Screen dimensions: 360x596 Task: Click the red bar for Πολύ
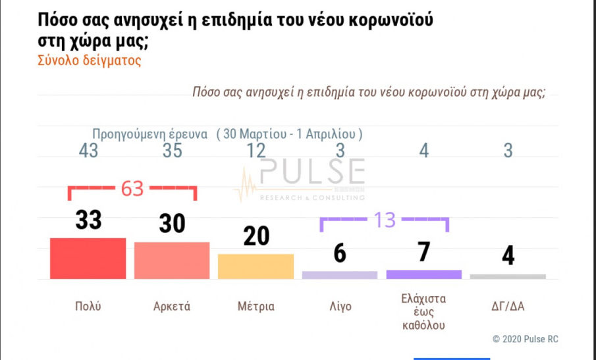click(88, 258)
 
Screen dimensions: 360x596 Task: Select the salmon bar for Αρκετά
click(172, 260)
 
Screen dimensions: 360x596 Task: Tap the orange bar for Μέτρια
click(256, 266)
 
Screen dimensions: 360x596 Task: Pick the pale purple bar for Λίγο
click(340, 274)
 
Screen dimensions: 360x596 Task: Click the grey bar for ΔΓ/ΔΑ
click(508, 276)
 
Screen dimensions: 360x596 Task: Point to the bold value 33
click(88, 220)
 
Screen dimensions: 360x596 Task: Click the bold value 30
click(173, 224)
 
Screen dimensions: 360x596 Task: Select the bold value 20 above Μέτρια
click(256, 236)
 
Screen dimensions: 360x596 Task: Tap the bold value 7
click(423, 252)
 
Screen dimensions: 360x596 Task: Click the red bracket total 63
click(132, 190)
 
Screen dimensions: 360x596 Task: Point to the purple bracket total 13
click(384, 220)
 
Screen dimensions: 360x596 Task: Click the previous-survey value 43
click(88, 151)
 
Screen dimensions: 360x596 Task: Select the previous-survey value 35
click(173, 151)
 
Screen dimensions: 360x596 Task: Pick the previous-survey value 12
click(256, 151)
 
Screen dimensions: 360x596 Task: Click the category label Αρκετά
click(172, 307)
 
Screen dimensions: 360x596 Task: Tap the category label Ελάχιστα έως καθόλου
click(423, 311)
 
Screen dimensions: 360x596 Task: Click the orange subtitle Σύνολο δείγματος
click(91, 61)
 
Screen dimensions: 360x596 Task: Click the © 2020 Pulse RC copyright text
click(525, 339)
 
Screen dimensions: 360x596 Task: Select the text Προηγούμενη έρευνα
click(150, 133)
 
